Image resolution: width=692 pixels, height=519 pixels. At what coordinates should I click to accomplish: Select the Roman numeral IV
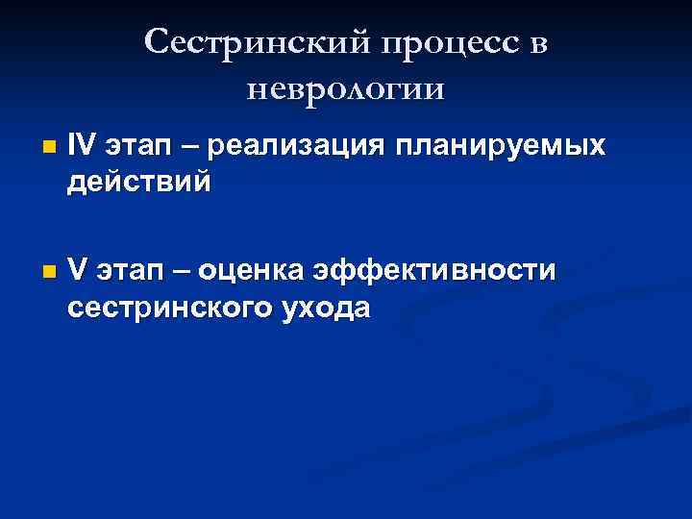[82, 147]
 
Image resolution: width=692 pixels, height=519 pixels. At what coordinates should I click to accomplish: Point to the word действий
[136, 182]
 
